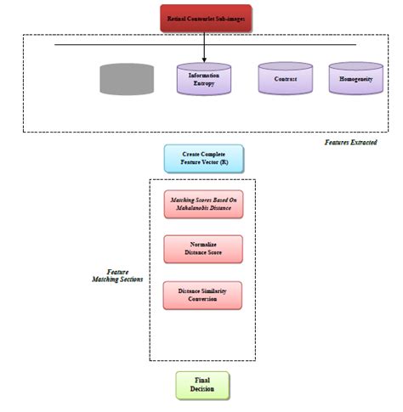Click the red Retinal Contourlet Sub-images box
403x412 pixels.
click(205, 17)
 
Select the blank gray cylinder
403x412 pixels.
click(127, 79)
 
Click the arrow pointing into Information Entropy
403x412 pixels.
click(204, 55)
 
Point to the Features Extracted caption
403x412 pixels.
click(350, 143)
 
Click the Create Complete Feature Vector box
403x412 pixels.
click(203, 159)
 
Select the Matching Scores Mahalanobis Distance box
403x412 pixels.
click(203, 205)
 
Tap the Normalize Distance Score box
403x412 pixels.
click(203, 249)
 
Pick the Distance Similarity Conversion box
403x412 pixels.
click(203, 295)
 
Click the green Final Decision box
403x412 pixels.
click(202, 385)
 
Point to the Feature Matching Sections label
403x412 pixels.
click(118, 275)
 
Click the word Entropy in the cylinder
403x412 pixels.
click(203, 84)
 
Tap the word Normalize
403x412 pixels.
click(203, 244)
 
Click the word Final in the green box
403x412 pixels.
click(202, 380)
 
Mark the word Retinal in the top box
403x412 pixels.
click(181, 17)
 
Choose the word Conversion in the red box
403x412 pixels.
click(203, 300)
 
